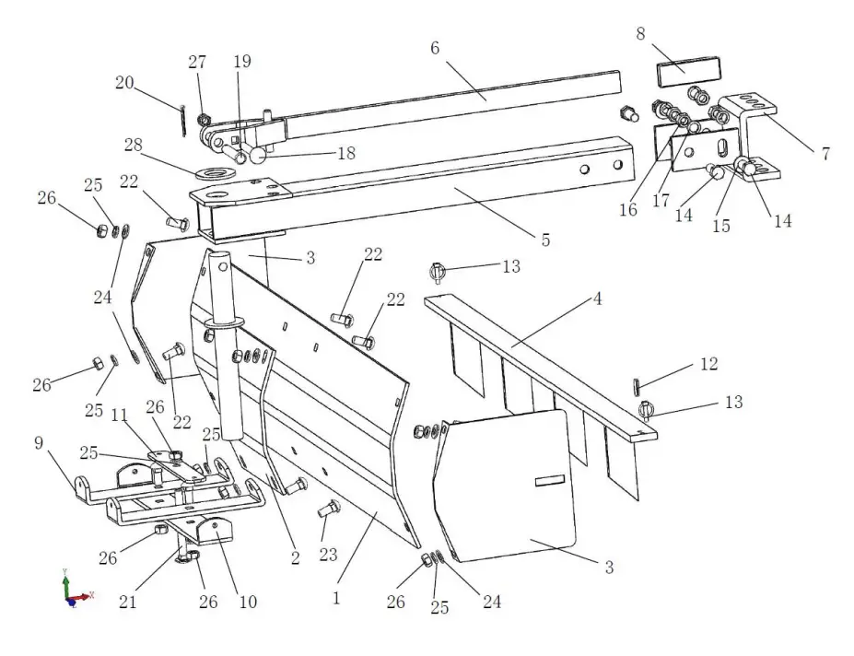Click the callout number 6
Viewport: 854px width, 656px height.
point(435,48)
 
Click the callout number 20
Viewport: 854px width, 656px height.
point(125,83)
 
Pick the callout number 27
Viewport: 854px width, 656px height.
point(197,62)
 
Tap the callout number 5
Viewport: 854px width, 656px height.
point(545,240)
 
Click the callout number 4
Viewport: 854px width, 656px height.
point(597,299)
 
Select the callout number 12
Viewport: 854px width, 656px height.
point(708,364)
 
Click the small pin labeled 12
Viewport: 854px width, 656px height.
point(637,384)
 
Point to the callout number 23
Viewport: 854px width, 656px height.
point(328,555)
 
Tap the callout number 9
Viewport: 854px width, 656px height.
point(39,442)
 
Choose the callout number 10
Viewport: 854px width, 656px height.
point(248,603)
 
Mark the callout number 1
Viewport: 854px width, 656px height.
point(337,598)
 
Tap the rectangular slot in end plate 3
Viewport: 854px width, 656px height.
point(549,479)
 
